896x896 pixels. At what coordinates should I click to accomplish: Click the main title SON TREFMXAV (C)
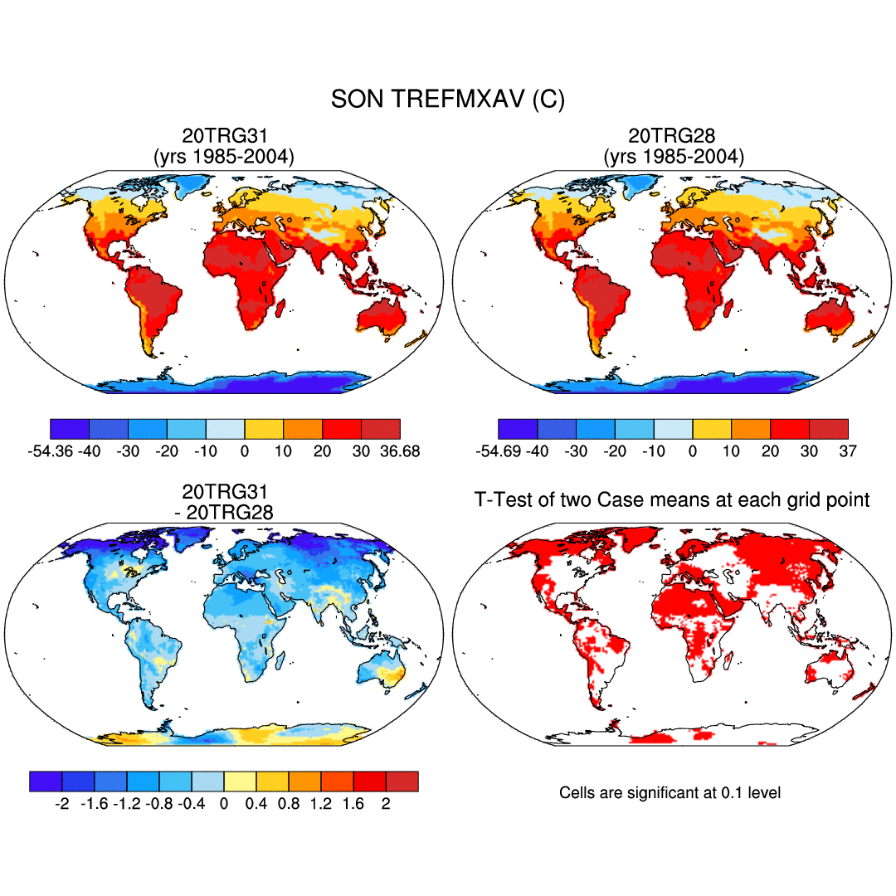[447, 100]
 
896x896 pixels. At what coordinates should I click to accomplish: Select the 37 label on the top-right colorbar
[847, 451]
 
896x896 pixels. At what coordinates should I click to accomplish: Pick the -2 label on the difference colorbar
[61, 804]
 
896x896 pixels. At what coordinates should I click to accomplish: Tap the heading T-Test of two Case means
[671, 499]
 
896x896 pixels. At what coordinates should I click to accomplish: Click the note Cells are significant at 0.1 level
[670, 793]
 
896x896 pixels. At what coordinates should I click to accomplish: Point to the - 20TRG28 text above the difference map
[224, 513]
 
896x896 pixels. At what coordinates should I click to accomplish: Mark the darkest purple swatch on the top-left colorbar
[70, 429]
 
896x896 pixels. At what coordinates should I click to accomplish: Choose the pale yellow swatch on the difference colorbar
[240, 782]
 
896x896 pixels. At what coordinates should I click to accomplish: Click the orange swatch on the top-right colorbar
[751, 429]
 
